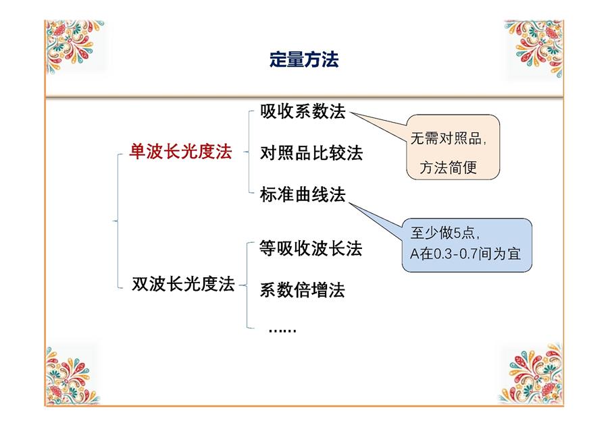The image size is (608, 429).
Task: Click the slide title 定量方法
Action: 304,59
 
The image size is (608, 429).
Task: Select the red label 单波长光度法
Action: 180,151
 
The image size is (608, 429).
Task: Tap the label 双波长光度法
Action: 183,284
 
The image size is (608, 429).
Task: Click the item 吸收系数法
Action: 303,111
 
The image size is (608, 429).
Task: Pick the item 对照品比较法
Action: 311,153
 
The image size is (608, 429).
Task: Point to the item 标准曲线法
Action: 303,194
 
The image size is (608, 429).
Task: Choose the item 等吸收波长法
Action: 311,248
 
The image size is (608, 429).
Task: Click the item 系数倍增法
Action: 302,289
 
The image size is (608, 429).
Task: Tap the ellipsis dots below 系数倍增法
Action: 282,331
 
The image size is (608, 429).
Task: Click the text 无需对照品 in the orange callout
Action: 446,138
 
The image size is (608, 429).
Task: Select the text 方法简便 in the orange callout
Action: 449,168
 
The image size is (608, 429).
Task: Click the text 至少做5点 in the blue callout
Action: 442,233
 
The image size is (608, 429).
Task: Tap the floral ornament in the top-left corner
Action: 74,47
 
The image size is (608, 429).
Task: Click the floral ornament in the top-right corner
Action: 534,48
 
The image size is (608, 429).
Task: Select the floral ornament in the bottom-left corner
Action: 72,376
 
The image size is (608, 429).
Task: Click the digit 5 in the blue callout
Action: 457,233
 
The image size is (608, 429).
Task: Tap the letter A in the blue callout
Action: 415,254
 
